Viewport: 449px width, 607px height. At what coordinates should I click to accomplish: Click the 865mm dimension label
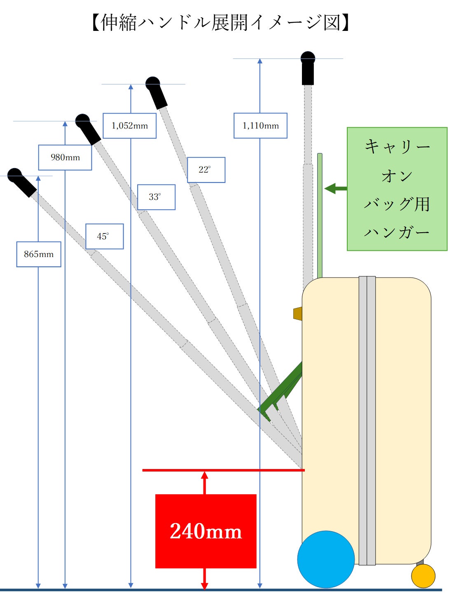point(39,254)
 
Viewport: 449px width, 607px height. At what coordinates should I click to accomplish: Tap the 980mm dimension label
point(65,157)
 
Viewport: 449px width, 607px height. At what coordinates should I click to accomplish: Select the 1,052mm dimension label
point(129,126)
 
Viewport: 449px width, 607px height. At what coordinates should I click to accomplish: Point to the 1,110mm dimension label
point(260,126)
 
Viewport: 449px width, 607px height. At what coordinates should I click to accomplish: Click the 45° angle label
point(104,236)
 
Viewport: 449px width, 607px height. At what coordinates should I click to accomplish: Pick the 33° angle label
point(156,197)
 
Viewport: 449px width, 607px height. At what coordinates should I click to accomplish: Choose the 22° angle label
point(206,170)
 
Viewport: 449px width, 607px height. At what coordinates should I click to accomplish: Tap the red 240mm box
point(206,531)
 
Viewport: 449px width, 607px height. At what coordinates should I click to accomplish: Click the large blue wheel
point(326,559)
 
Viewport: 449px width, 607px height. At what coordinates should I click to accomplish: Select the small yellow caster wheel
point(423,576)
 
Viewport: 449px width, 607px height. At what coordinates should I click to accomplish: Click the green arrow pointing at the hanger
point(336,189)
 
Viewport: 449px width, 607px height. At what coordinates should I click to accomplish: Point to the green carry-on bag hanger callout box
point(397,189)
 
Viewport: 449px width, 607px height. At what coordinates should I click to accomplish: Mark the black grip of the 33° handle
point(89,129)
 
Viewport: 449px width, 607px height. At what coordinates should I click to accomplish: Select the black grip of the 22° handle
point(157,93)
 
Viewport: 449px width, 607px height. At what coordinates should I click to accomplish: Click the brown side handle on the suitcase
point(297,313)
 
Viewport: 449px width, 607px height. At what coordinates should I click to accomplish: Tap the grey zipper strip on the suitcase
point(367,420)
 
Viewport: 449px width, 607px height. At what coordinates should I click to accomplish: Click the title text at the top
point(220,22)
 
